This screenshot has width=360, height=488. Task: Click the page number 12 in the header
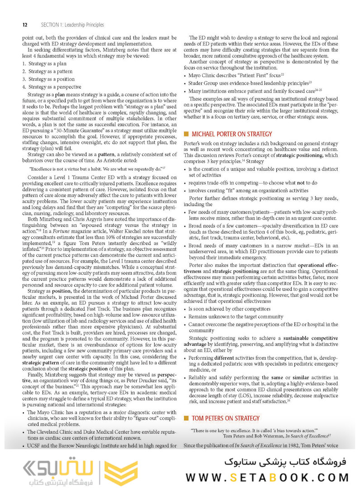24,25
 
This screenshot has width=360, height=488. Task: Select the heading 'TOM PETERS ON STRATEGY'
226,418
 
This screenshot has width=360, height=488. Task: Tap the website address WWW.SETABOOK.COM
267,478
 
